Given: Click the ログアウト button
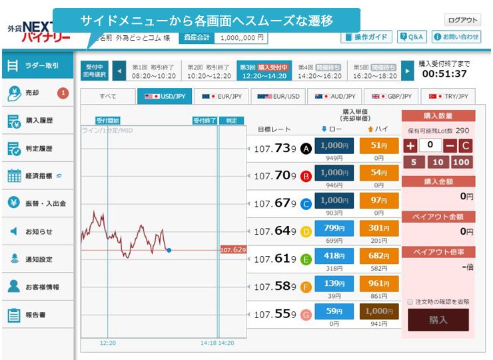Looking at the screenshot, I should click(x=462, y=20).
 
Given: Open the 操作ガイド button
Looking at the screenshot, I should click(x=366, y=37).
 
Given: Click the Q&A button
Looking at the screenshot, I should click(x=412, y=37).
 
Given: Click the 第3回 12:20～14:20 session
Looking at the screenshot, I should click(x=263, y=71).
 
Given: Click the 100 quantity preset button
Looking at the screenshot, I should click(x=460, y=161).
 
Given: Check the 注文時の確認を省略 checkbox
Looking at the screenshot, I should click(x=410, y=301).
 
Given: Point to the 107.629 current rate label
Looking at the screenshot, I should click(x=233, y=250).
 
